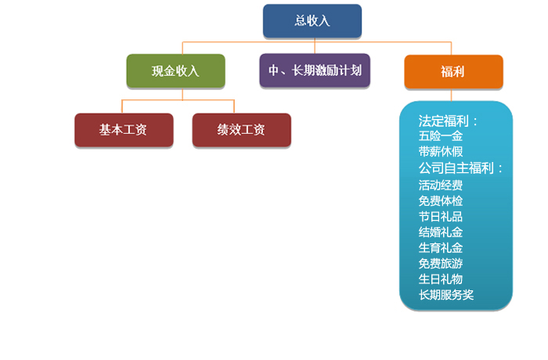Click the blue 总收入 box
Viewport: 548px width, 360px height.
(312, 21)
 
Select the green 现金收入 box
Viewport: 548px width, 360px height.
(176, 71)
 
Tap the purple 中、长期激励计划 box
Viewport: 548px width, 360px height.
(315, 70)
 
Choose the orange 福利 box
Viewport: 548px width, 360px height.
(453, 72)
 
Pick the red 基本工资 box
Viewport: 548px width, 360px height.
(124, 130)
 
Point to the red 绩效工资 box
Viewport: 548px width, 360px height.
(241, 130)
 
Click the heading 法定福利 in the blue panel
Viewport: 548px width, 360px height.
(444, 121)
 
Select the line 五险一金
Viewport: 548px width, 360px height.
(441, 136)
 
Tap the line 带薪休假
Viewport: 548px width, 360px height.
(441, 151)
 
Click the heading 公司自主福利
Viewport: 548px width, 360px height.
(456, 168)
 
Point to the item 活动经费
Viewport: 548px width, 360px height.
(441, 185)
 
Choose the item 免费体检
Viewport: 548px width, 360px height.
(441, 200)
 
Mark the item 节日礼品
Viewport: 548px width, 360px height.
(441, 216)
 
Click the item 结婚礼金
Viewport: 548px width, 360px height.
(441, 232)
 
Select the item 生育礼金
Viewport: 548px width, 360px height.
(441, 248)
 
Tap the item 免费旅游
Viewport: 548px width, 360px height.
(441, 263)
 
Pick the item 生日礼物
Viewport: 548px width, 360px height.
(441, 279)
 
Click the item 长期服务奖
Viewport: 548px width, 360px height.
(446, 294)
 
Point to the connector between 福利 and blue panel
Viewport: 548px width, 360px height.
(451, 95)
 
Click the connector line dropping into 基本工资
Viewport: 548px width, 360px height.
(122, 106)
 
